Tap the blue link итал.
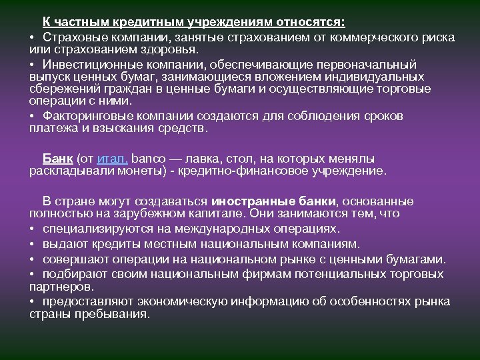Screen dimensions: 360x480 [x=112, y=159]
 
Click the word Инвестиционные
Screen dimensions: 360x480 [x=85, y=65]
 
